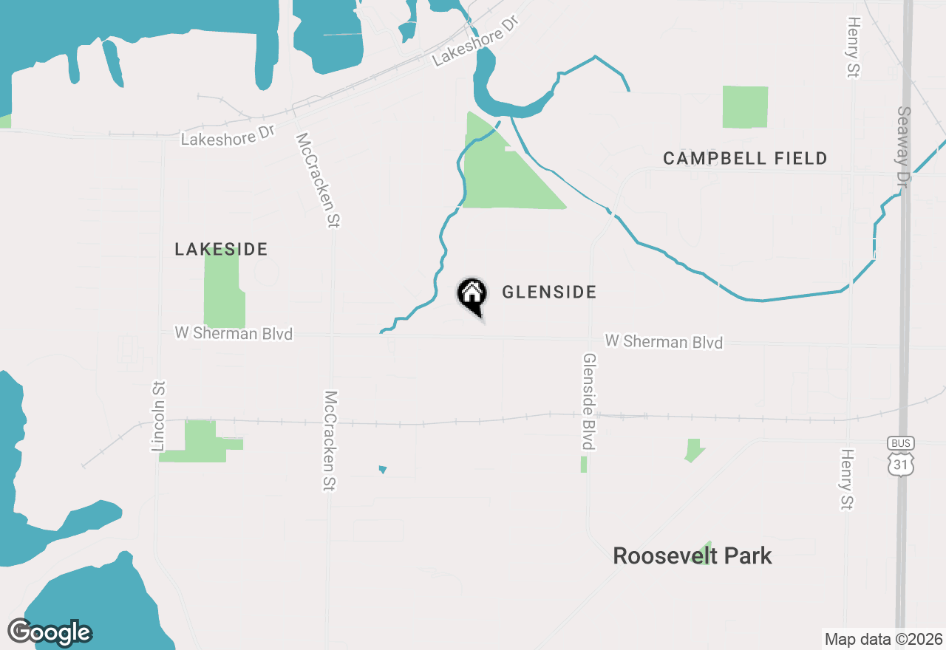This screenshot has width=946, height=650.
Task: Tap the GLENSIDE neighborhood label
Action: (x=549, y=292)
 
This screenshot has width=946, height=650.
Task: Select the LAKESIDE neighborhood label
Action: (x=221, y=250)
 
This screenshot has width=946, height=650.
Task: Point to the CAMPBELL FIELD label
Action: (x=745, y=159)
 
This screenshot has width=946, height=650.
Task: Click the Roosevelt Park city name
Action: (x=693, y=556)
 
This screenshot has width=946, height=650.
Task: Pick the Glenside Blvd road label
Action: (x=589, y=401)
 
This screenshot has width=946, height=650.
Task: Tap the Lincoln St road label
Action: (x=158, y=416)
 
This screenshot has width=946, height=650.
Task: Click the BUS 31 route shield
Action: (x=901, y=455)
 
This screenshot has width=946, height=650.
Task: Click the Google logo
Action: (x=50, y=632)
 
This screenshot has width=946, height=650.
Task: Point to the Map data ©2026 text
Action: (x=883, y=639)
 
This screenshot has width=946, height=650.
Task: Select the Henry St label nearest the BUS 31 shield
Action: (x=847, y=479)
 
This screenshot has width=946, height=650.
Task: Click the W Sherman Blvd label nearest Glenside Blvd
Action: (x=663, y=341)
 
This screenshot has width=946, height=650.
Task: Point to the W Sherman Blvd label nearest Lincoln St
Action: (x=234, y=333)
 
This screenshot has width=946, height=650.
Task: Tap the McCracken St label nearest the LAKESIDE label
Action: (x=317, y=180)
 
